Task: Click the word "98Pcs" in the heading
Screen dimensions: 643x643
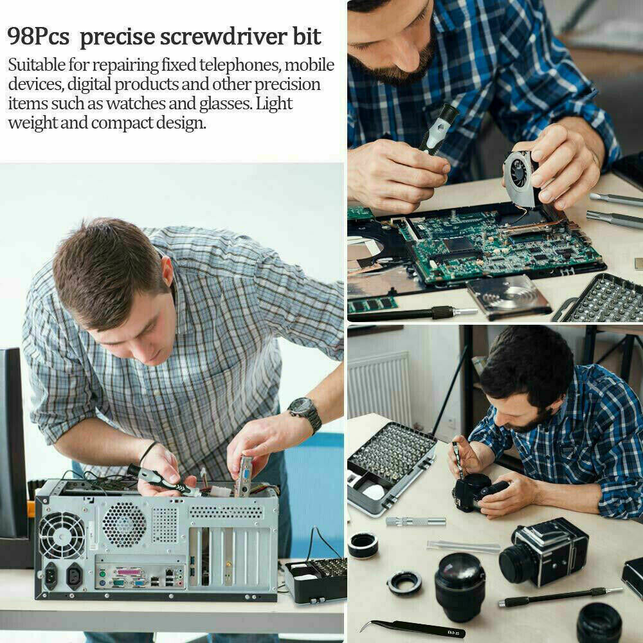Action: [x=38, y=37]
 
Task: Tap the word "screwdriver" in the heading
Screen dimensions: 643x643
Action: [x=223, y=37]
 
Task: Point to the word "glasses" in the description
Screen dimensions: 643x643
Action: [x=225, y=104]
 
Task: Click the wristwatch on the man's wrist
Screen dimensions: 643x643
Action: [x=305, y=413]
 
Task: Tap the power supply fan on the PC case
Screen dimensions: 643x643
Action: [x=62, y=535]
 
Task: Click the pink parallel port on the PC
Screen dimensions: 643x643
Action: [x=131, y=572]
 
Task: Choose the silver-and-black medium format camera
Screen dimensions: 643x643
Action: [x=544, y=552]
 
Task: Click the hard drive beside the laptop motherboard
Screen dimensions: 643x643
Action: [x=508, y=296]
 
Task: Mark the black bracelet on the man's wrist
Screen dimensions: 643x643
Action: [x=147, y=452]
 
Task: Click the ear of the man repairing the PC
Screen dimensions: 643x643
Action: [x=167, y=272]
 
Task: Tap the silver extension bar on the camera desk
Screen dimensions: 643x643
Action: [x=415, y=521]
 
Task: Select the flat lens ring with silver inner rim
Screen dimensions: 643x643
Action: [x=404, y=584]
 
